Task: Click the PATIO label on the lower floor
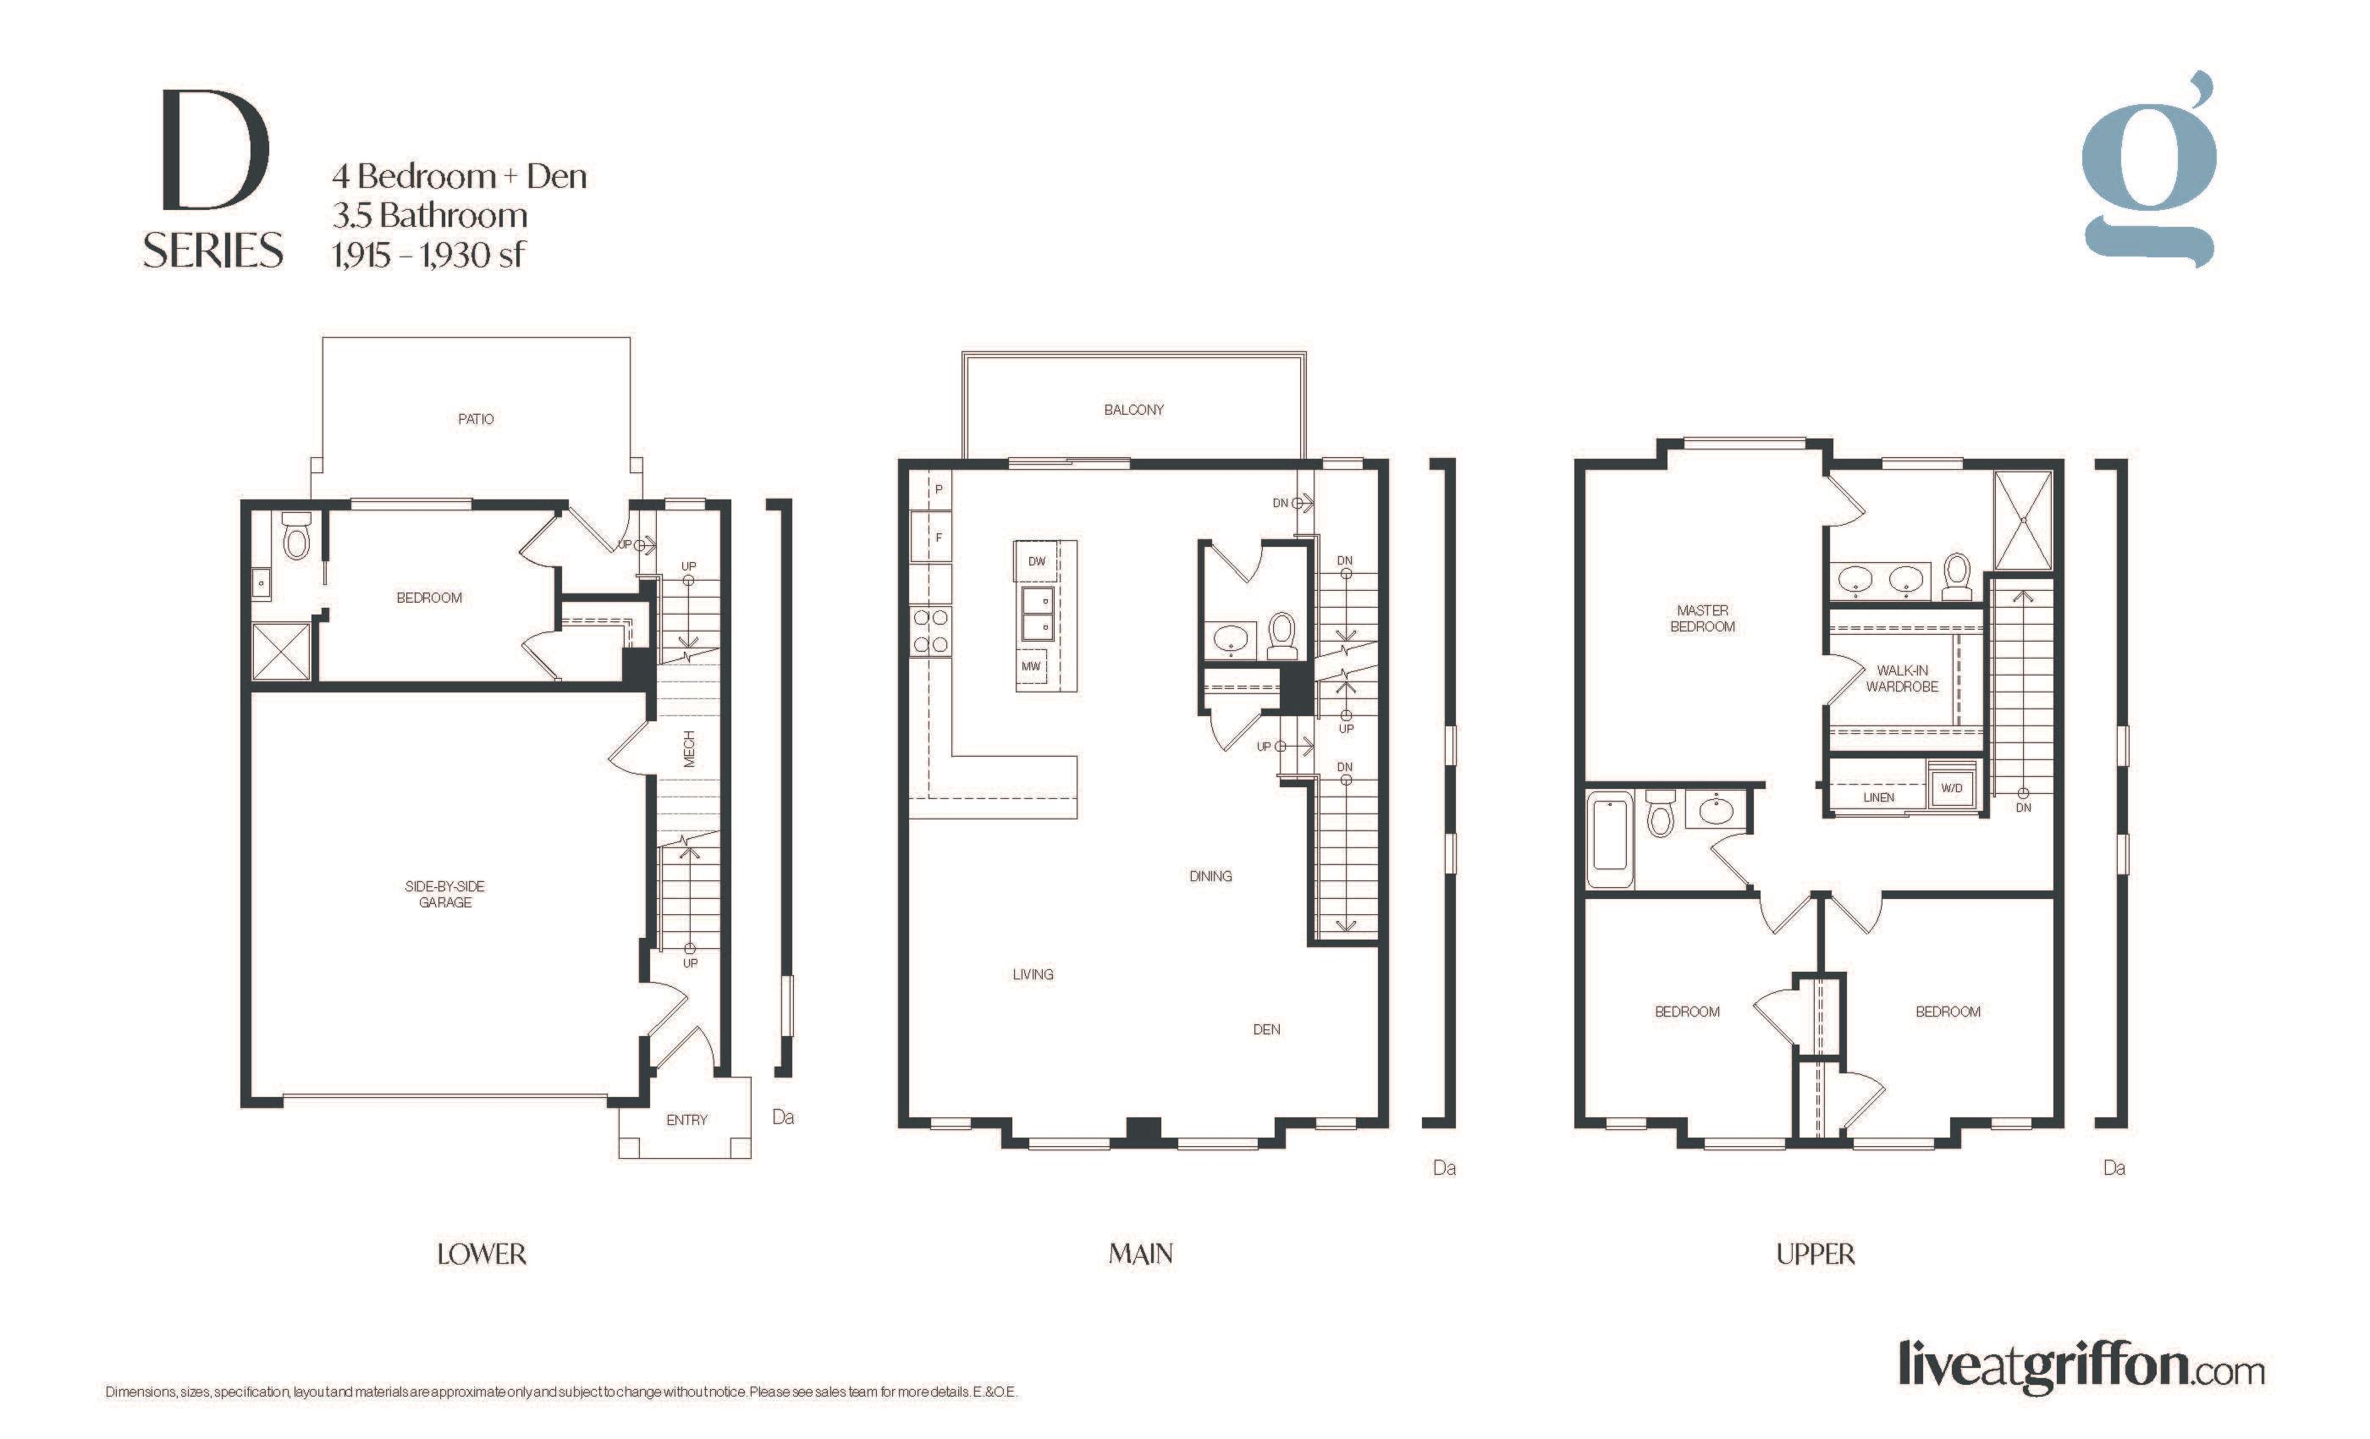coord(475,419)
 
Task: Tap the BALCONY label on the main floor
coord(1133,410)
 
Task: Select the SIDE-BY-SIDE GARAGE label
coord(444,894)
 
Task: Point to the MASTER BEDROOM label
coord(1702,619)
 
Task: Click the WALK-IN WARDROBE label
coord(1902,678)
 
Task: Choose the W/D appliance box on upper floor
coord(1952,788)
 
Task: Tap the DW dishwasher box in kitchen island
coord(1036,560)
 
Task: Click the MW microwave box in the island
coord(1031,665)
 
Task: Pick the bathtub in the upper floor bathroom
coord(1609,840)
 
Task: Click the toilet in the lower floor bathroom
coord(296,538)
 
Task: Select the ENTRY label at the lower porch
coord(686,1120)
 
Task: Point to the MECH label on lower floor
coord(689,748)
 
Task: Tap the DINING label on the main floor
coord(1210,876)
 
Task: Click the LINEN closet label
coord(1878,797)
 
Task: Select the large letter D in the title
coord(216,149)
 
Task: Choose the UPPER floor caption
coord(1815,1254)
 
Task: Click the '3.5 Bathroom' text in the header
coord(430,216)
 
